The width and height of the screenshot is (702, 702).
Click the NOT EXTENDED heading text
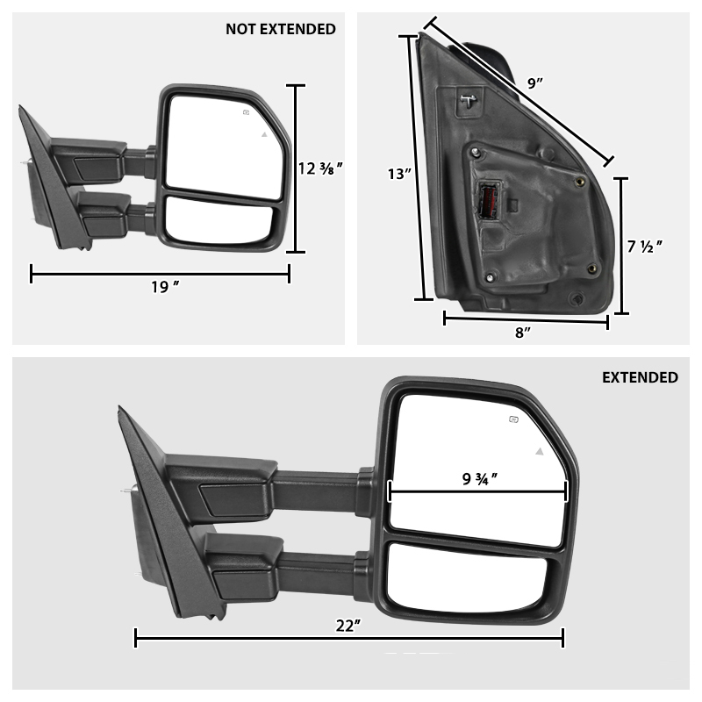click(x=280, y=29)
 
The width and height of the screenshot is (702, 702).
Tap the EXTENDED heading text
click(x=640, y=377)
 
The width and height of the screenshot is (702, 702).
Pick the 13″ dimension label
click(x=398, y=174)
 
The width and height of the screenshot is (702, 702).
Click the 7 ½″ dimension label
click(x=644, y=247)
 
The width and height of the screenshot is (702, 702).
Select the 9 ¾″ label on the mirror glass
click(x=481, y=480)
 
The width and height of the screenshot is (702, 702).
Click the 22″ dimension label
click(x=348, y=625)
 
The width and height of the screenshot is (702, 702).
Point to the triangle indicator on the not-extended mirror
click(x=263, y=134)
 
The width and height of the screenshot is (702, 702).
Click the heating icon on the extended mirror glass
click(x=513, y=420)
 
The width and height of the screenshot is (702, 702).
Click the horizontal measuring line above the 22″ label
click(x=348, y=639)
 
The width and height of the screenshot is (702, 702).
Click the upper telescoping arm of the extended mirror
click(x=316, y=489)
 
